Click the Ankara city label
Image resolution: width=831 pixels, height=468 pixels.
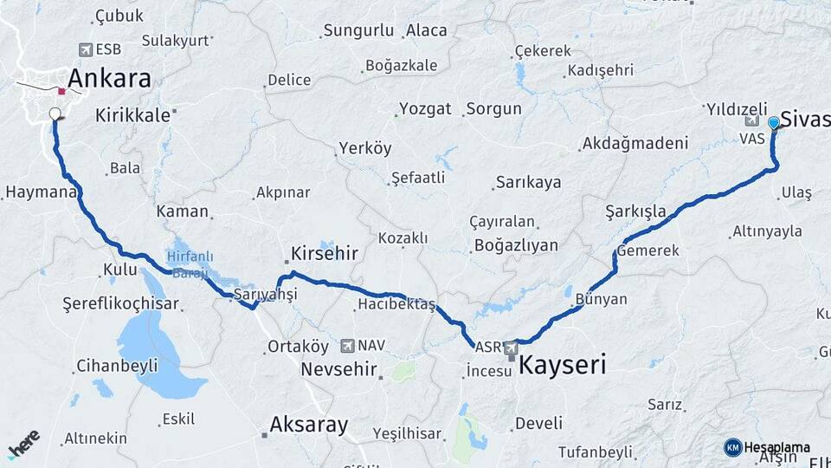click(109, 78)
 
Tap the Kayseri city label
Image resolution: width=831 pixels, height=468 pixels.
click(562, 365)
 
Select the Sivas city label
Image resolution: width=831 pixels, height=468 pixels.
click(805, 119)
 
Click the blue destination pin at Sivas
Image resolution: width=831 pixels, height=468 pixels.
click(774, 123)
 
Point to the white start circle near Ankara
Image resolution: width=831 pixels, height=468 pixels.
click(55, 114)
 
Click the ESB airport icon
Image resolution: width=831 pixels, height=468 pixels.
click(85, 49)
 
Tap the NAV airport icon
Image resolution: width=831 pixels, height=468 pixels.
click(348, 345)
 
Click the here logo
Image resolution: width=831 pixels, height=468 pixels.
click(23, 444)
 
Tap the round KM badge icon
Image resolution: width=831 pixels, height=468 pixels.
click(733, 447)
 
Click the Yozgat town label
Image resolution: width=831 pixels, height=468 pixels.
click(425, 109)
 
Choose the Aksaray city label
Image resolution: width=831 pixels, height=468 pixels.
click(309, 425)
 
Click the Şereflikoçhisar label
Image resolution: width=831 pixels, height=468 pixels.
click(121, 303)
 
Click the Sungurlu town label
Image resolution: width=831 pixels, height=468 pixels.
click(358, 31)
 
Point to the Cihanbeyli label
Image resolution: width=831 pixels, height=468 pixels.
click(117, 366)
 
